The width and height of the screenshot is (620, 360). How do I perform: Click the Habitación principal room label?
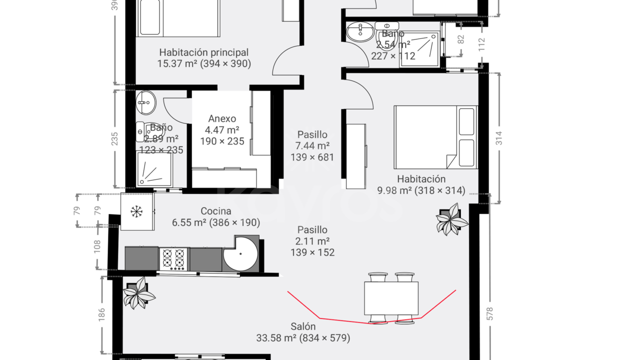tap(203, 52)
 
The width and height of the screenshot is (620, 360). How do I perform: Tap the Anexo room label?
tap(222, 118)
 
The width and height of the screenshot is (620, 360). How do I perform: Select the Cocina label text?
tap(215, 211)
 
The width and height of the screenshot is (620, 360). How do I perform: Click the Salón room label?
tap(303, 326)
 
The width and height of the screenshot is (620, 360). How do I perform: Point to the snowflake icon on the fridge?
tap(136, 211)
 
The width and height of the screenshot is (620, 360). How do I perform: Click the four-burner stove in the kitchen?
tap(174, 258)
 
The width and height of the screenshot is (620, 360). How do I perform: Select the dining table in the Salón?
tap(391, 298)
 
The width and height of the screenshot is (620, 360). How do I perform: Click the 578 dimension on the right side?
tap(489, 313)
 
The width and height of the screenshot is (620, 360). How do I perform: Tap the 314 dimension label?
tap(498, 138)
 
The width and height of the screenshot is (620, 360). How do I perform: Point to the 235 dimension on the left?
tap(114, 138)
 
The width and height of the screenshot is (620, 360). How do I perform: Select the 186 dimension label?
tap(101, 314)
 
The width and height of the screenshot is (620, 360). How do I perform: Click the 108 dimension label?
tap(97, 246)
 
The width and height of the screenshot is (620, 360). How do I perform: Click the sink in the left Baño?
tap(145, 102)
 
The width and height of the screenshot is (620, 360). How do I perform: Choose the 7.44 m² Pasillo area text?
tap(312, 146)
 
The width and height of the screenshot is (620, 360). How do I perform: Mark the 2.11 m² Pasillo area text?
tap(312, 241)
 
